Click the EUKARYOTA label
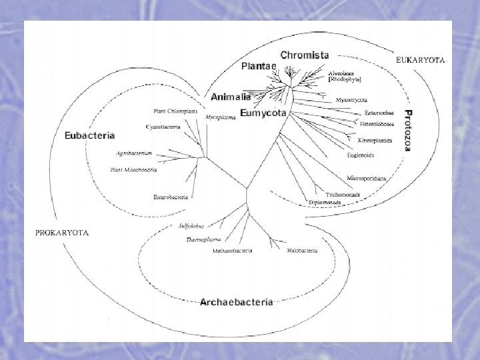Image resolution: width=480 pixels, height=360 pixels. pyautogui.click(x=420, y=60)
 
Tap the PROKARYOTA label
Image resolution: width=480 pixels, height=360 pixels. pyautogui.click(x=61, y=233)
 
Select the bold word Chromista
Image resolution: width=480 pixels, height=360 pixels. pyautogui.click(x=305, y=55)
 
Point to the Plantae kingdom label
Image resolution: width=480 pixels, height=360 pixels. pyautogui.click(x=259, y=67)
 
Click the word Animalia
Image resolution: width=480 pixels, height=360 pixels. pyautogui.click(x=231, y=97)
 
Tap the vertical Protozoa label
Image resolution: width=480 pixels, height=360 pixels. pyautogui.click(x=409, y=130)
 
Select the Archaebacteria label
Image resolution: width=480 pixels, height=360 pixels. pyautogui.click(x=236, y=302)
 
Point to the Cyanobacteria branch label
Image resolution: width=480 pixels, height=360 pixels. pyautogui.click(x=163, y=127)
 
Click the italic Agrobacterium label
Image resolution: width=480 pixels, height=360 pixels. pyautogui.click(x=135, y=153)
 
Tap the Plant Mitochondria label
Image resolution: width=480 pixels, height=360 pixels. pyautogui.click(x=133, y=169)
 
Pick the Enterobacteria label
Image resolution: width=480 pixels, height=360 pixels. pyautogui.click(x=171, y=197)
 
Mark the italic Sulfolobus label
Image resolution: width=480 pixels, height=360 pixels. pyautogui.click(x=193, y=226)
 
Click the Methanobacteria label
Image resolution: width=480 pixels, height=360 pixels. pyautogui.click(x=232, y=251)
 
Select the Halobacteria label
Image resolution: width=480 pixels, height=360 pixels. pyautogui.click(x=302, y=251)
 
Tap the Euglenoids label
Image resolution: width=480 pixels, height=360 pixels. pyautogui.click(x=361, y=155)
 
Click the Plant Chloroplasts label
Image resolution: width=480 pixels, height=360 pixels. pyautogui.click(x=175, y=111)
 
